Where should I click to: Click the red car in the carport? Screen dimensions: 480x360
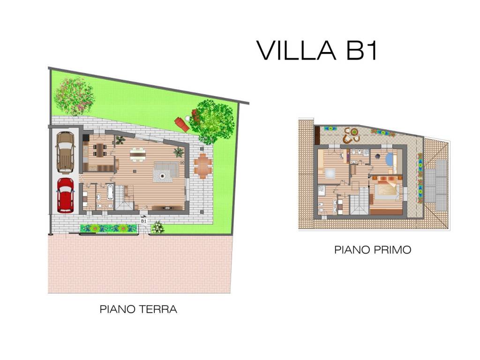click(65, 195)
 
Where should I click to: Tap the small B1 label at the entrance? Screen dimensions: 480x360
click(143, 221)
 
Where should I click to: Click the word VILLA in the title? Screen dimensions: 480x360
click(296, 50)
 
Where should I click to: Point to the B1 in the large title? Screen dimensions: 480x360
click(361, 50)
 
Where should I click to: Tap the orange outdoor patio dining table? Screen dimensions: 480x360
click(203, 165)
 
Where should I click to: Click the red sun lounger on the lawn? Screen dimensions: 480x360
click(182, 124)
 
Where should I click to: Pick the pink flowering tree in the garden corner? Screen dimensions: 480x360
click(75, 96)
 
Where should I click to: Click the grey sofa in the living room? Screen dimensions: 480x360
click(167, 169)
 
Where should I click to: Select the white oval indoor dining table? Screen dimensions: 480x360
click(137, 154)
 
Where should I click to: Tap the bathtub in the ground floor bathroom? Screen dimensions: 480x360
click(110, 192)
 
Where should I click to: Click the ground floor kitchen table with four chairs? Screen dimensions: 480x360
click(99, 150)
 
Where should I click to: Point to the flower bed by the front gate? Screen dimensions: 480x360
click(108, 228)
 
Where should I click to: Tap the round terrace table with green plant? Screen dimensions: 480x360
click(354, 132)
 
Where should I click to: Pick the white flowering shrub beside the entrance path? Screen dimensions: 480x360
click(157, 227)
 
